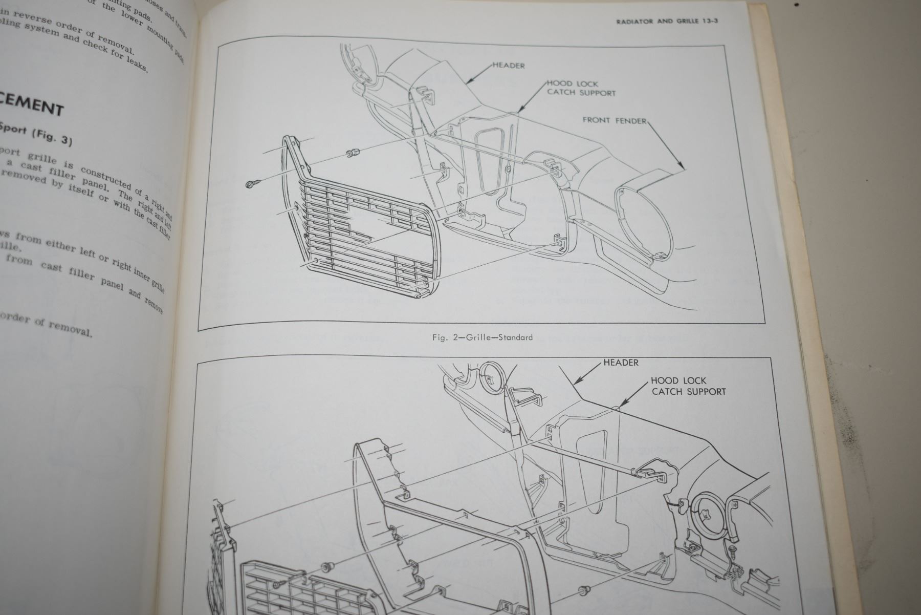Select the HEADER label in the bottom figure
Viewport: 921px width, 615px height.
click(621, 363)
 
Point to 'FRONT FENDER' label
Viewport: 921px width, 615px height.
click(614, 120)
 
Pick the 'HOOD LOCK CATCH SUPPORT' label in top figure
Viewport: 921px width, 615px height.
click(581, 88)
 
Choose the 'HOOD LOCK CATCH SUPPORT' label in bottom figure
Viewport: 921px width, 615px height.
click(688, 386)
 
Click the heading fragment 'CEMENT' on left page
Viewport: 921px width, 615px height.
click(32, 107)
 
